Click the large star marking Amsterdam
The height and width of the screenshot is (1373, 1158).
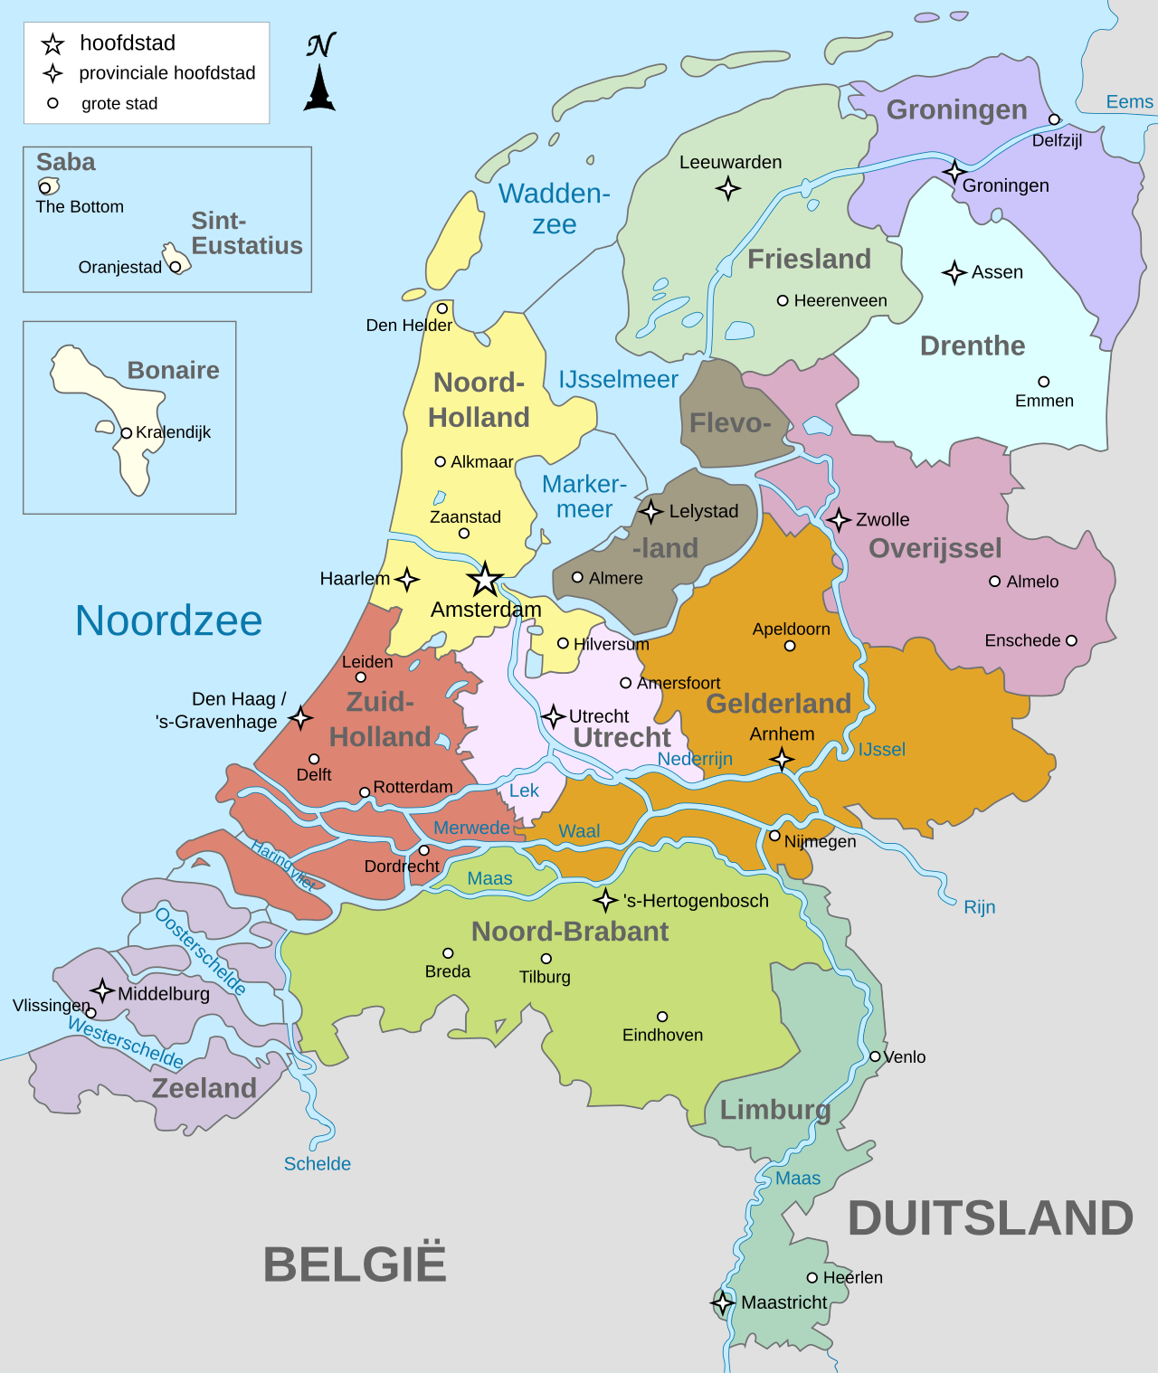pos(485,579)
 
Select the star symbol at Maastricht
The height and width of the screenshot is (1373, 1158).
pos(722,1303)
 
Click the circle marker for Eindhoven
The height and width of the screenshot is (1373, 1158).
pos(662,1017)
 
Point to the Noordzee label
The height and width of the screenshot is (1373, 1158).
pos(168,621)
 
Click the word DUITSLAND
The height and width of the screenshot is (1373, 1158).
pos(990,1218)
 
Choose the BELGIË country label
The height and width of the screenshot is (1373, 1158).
pos(355,1264)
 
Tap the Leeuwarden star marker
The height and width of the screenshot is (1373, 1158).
pos(728,188)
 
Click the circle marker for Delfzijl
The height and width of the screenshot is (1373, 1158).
pos(1054,119)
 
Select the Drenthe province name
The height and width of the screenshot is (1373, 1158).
pos(973,346)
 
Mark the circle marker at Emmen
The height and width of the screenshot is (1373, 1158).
pos(1044,382)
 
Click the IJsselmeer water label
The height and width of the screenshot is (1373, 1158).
pos(618,380)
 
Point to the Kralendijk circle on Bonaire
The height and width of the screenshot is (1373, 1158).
pos(127,433)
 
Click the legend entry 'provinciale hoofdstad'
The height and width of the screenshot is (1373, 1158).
pos(166,73)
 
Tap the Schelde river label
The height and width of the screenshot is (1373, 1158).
pos(317,1164)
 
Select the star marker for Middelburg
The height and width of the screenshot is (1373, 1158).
pos(102,990)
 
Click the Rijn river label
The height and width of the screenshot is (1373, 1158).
pos(979,907)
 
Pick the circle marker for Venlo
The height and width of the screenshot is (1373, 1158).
pos(875,1056)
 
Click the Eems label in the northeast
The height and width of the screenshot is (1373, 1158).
pos(1129,102)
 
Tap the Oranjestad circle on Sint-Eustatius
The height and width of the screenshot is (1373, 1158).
pos(175,267)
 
